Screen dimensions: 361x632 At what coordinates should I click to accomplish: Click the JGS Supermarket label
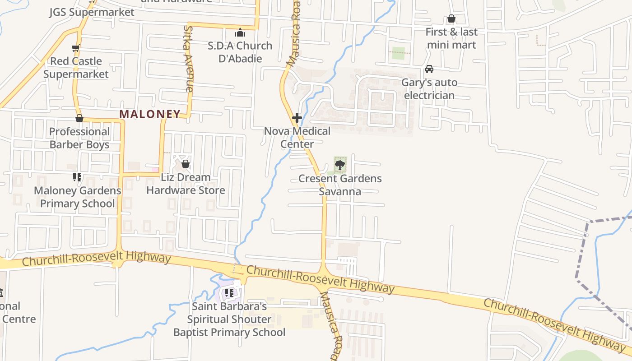click(x=92, y=12)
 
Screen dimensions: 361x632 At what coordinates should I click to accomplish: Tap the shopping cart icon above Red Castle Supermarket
click(x=75, y=48)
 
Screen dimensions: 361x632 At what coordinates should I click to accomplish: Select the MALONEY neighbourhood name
click(x=150, y=114)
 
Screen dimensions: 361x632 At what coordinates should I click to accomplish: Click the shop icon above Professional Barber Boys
click(x=79, y=118)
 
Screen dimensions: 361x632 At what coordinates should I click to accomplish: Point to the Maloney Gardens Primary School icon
click(x=77, y=177)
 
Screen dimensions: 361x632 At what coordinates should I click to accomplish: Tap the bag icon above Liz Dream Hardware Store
click(x=185, y=164)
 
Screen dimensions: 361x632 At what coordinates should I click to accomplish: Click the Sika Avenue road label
click(x=189, y=59)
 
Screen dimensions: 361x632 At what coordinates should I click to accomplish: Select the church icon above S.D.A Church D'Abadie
click(x=240, y=32)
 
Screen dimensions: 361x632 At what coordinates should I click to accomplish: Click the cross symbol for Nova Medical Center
click(x=297, y=118)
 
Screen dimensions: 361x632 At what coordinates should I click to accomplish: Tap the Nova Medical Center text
click(x=297, y=138)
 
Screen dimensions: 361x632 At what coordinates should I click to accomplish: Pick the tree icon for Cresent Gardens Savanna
click(x=340, y=165)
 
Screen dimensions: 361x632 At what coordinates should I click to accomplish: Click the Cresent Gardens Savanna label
click(x=340, y=185)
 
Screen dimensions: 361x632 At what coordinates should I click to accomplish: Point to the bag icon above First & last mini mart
click(x=451, y=19)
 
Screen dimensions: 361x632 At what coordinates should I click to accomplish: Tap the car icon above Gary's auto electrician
click(x=429, y=69)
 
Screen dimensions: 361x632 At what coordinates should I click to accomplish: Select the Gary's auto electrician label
click(x=429, y=89)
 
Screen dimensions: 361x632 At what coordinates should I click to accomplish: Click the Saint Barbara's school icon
click(x=229, y=293)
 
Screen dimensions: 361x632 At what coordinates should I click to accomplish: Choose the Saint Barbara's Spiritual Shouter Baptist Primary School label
click(x=229, y=319)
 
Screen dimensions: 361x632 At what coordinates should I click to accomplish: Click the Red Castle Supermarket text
click(x=76, y=68)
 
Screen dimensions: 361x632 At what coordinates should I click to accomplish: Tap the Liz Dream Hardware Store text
click(x=186, y=184)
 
